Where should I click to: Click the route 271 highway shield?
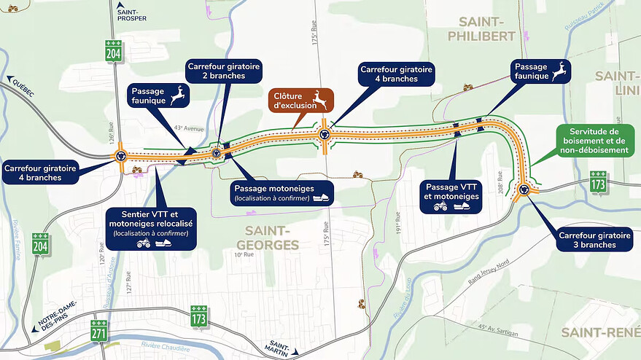[x=100, y=331]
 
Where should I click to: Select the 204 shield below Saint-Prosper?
[x=113, y=52]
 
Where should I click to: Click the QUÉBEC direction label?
[x=22, y=81]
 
